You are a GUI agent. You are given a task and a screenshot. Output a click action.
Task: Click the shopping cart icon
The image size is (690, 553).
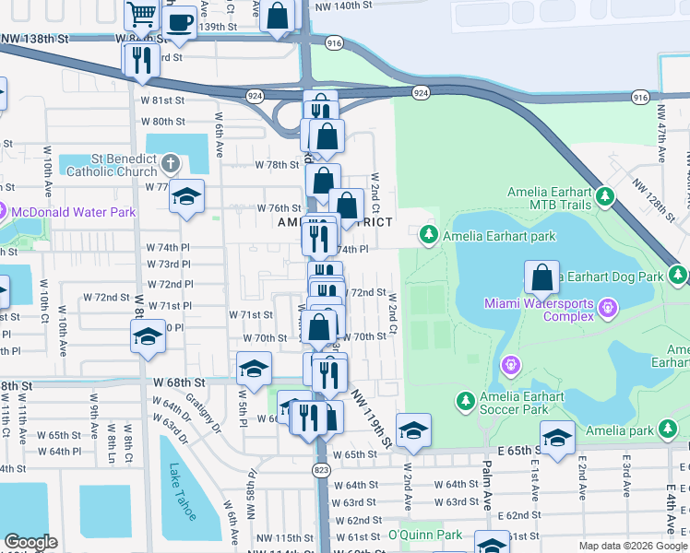point(141,14)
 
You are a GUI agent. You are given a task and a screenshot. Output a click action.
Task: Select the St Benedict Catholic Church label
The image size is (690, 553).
point(115,164)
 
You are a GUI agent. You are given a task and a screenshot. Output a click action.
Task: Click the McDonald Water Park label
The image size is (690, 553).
point(73,212)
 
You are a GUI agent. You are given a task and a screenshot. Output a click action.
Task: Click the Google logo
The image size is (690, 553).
point(30,542)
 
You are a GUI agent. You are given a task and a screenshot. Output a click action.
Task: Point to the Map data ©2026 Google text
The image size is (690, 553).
point(632,546)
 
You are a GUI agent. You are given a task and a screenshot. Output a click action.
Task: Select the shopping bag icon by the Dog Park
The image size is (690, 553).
point(542,276)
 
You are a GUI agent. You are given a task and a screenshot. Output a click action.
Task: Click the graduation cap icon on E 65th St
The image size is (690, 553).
point(557,438)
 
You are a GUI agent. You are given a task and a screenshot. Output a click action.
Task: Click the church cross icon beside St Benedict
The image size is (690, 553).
point(170,164)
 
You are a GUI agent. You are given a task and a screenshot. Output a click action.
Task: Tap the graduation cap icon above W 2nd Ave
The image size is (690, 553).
point(413,429)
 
